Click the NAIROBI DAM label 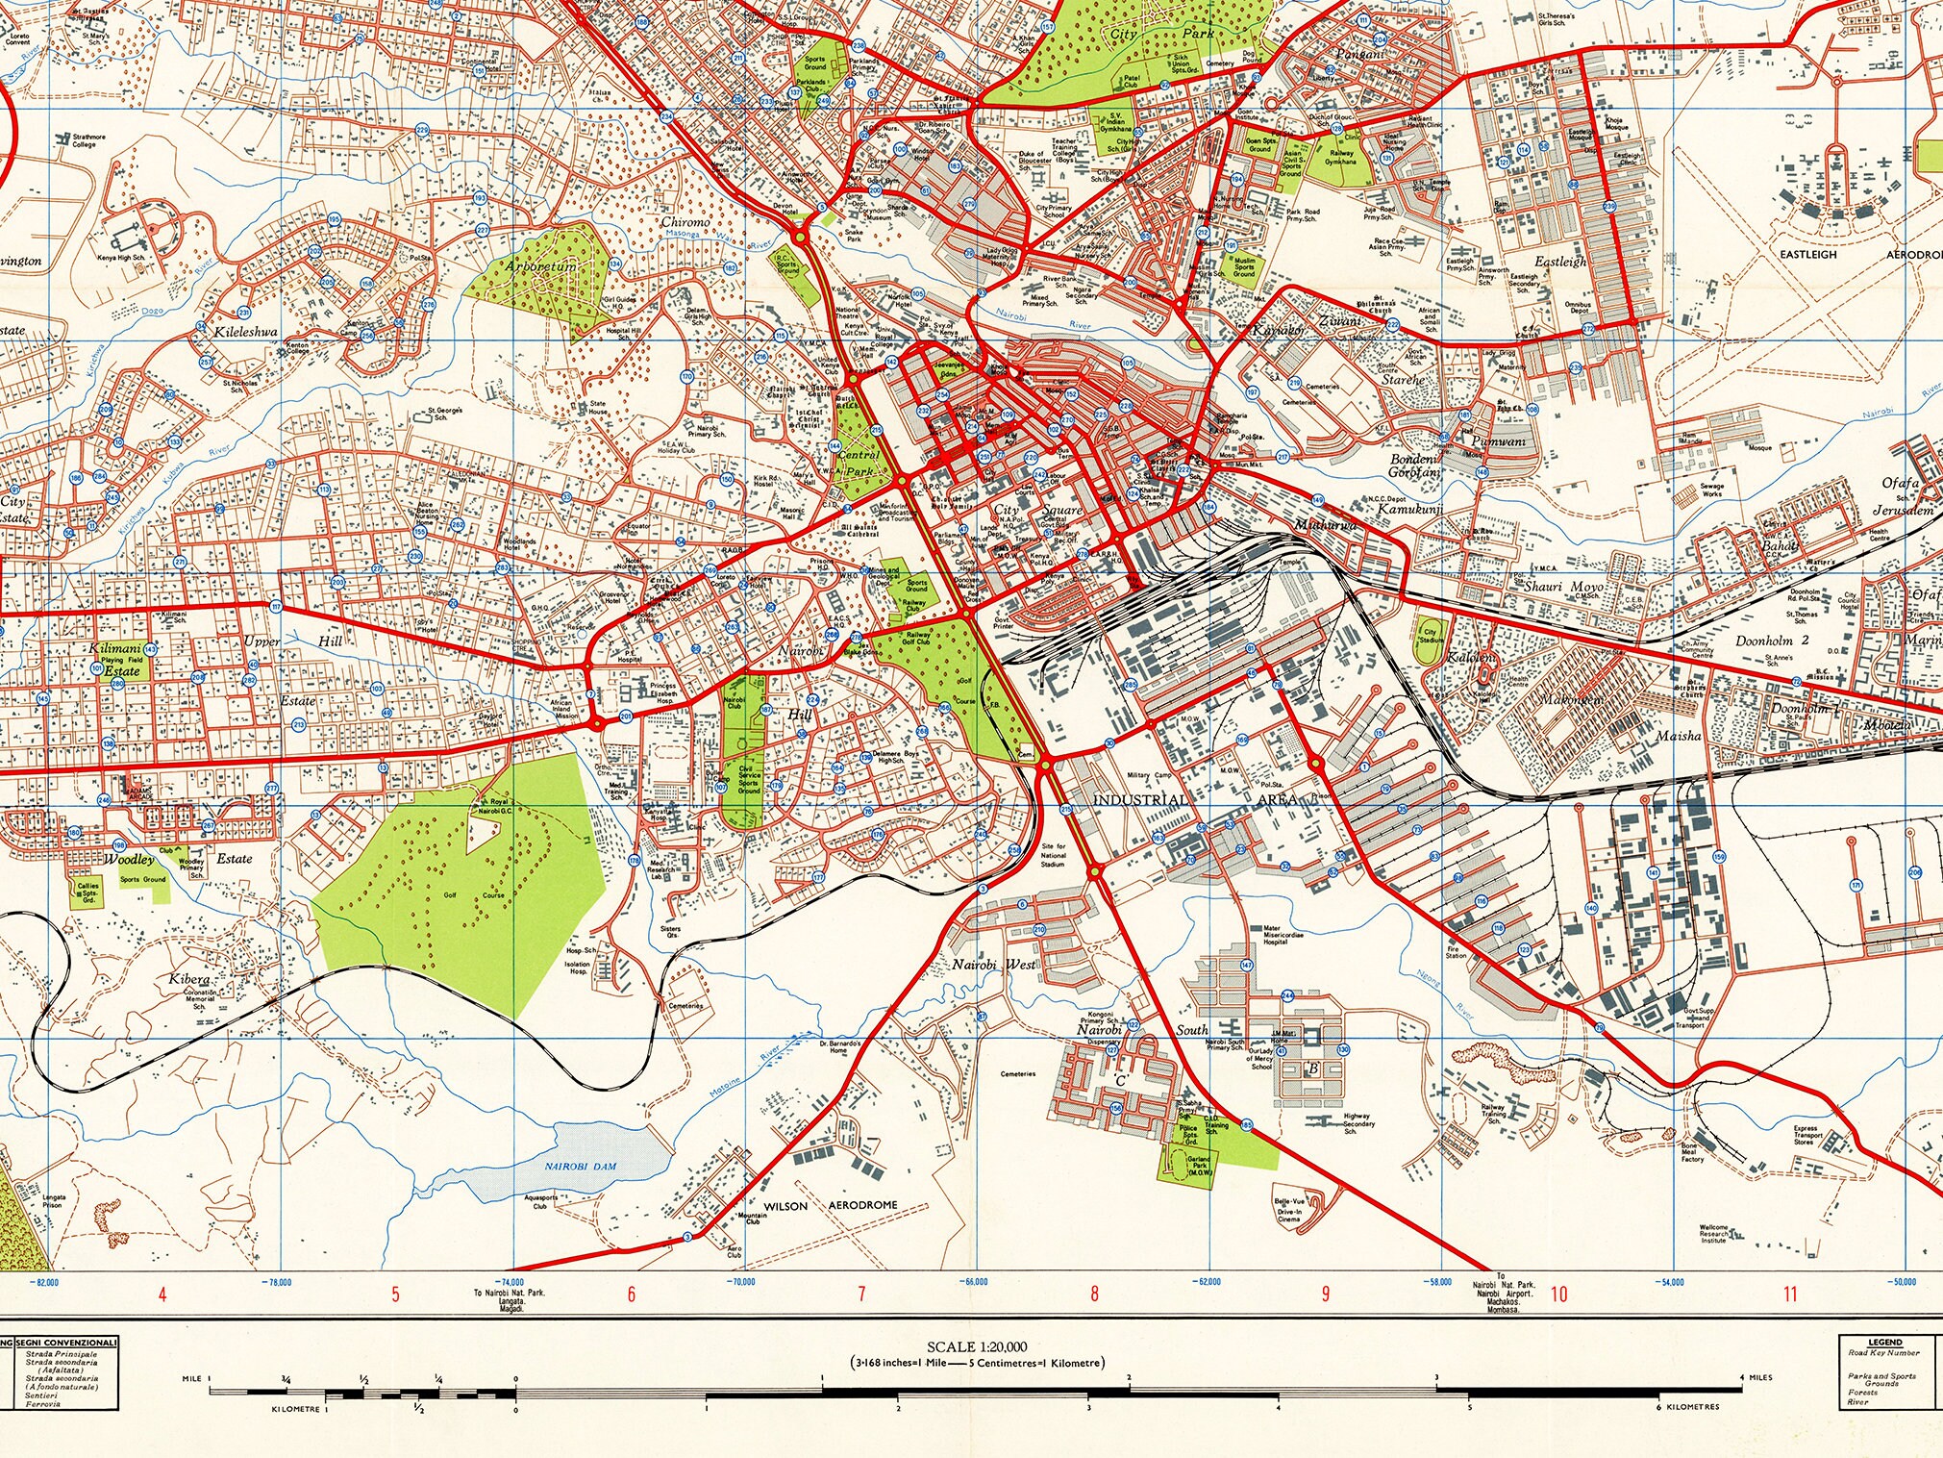pos(581,1166)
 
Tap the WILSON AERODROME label pos(830,1205)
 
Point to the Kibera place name pos(188,979)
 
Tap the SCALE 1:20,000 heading pos(977,1347)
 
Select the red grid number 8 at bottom pos(1094,1295)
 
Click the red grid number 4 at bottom pos(162,1295)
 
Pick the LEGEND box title pos(1884,1343)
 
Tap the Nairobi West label pos(993,964)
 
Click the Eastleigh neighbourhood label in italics pos(1560,262)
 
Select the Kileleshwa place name pos(246,332)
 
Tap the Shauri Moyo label pos(1563,586)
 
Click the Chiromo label pos(685,222)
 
